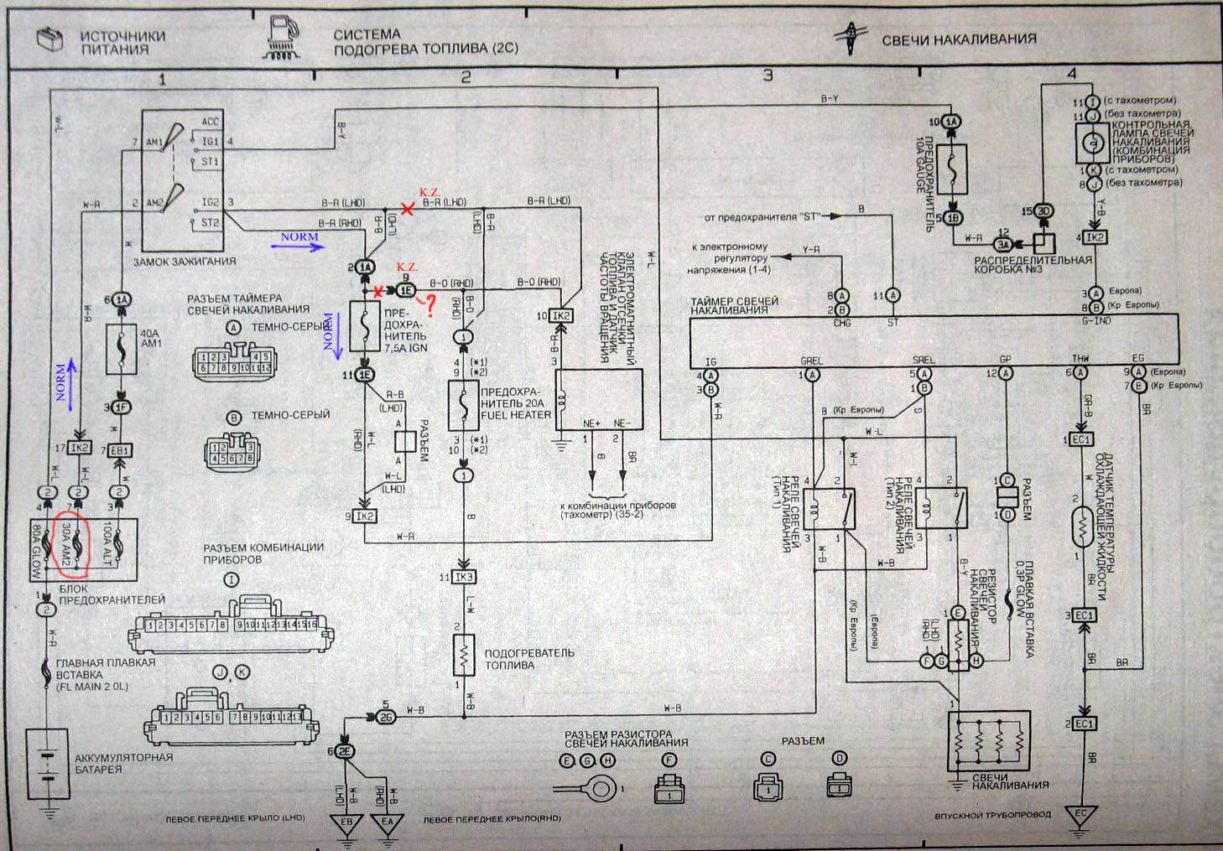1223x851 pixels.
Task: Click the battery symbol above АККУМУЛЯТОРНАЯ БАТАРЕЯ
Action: (48, 765)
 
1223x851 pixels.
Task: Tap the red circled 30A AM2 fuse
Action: (76, 546)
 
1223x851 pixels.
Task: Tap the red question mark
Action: (430, 308)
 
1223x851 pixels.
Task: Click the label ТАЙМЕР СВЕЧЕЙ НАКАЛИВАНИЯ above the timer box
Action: (734, 305)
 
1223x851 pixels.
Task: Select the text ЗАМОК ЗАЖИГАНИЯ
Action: (185, 261)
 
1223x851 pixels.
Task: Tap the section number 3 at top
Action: (768, 76)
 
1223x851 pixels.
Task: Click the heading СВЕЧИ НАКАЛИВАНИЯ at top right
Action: (958, 39)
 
